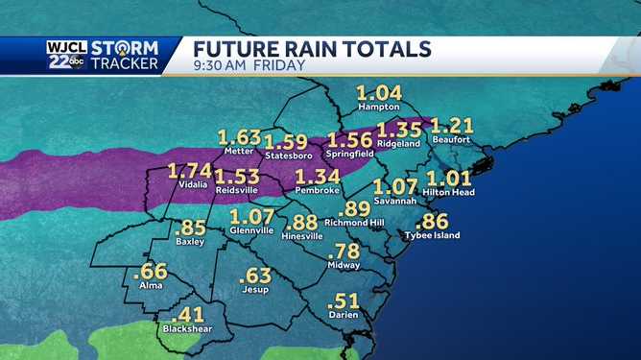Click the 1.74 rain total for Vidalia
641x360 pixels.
point(189,171)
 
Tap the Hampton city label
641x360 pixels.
point(378,108)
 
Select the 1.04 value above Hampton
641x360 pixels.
point(378,94)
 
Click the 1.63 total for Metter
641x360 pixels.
point(239,137)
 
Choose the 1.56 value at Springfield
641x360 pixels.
point(349,140)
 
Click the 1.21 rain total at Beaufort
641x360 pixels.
point(452,126)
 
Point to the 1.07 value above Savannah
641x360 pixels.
point(395,186)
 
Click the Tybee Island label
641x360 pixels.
point(434,235)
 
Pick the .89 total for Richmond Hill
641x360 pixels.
point(355,208)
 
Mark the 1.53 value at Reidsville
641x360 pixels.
point(237,177)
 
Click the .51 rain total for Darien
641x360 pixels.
point(343,300)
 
